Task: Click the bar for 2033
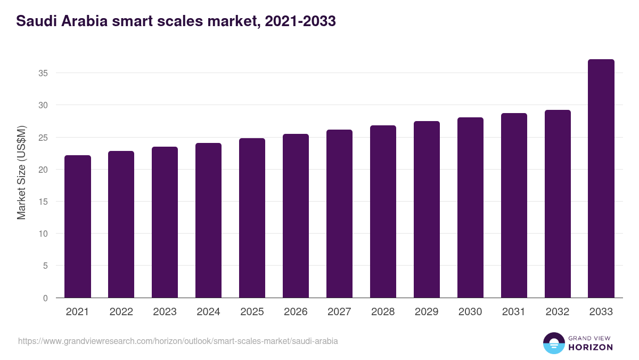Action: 601,179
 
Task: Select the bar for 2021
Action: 78,227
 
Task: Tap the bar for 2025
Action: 252,218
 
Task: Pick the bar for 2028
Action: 383,212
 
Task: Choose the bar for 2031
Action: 514,205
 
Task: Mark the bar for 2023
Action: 165,222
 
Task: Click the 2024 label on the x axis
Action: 208,312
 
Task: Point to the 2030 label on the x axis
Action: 470,312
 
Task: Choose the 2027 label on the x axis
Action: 339,312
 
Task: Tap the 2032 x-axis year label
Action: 558,312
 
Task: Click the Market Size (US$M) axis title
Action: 21,172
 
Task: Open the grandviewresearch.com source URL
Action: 178,341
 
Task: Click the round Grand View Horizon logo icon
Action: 553,343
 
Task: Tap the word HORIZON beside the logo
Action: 590,347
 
